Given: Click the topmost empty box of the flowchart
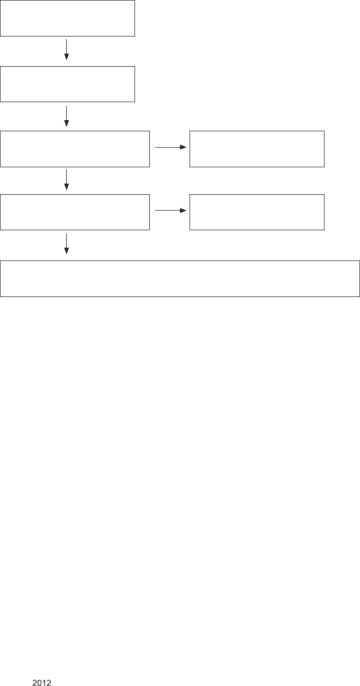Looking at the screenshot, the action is [x=67, y=18].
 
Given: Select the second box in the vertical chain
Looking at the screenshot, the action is [x=67, y=84].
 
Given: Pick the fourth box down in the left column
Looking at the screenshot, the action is [x=75, y=212].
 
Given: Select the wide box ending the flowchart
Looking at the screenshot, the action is [x=180, y=278].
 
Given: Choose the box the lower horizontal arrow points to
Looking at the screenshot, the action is [x=257, y=212].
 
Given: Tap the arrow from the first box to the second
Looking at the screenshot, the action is [x=67, y=49].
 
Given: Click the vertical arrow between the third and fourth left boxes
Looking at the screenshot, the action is [x=67, y=179].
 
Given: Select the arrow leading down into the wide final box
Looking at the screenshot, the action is [x=67, y=243].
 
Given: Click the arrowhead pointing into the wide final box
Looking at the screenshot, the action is [x=67, y=251].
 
